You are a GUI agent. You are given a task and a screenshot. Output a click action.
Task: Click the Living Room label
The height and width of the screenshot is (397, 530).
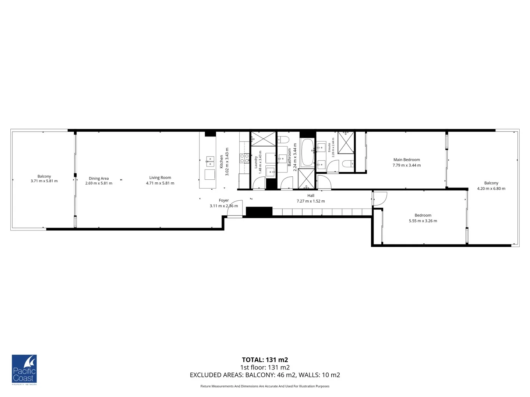[x=160, y=178]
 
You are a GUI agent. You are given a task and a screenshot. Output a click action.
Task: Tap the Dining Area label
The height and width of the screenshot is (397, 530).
[x=99, y=178]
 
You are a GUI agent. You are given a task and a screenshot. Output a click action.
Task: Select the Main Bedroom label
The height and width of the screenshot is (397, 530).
[x=406, y=160]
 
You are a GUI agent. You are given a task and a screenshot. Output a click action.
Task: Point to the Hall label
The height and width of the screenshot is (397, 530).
[x=311, y=196]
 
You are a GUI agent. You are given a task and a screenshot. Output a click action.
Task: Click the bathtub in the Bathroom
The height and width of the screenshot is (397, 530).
[x=307, y=153]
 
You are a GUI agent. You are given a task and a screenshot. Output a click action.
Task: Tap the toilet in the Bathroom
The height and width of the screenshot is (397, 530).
[x=283, y=139]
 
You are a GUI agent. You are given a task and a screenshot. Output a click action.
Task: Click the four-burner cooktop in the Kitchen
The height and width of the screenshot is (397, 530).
[x=244, y=158]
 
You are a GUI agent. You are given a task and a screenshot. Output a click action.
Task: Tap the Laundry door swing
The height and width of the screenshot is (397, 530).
[x=258, y=183]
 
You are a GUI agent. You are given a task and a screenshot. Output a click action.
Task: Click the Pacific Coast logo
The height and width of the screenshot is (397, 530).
[x=24, y=370]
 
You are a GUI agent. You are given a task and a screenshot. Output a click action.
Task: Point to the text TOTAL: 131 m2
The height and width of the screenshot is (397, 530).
[x=265, y=360]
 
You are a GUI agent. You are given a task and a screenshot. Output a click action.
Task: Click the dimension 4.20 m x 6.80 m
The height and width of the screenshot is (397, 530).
[x=491, y=189]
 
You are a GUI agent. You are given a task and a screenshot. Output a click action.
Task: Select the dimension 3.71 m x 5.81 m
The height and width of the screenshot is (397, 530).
[x=44, y=181]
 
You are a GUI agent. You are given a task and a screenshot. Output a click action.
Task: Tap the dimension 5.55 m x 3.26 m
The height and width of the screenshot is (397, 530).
[x=423, y=221]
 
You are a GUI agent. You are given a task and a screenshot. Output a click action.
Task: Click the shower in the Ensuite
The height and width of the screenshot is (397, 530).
[x=346, y=142]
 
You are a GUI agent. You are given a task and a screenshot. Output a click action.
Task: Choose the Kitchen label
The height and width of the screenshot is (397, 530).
[x=222, y=162]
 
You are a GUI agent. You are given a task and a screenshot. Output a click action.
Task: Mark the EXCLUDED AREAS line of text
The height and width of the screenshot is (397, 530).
[x=265, y=375]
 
